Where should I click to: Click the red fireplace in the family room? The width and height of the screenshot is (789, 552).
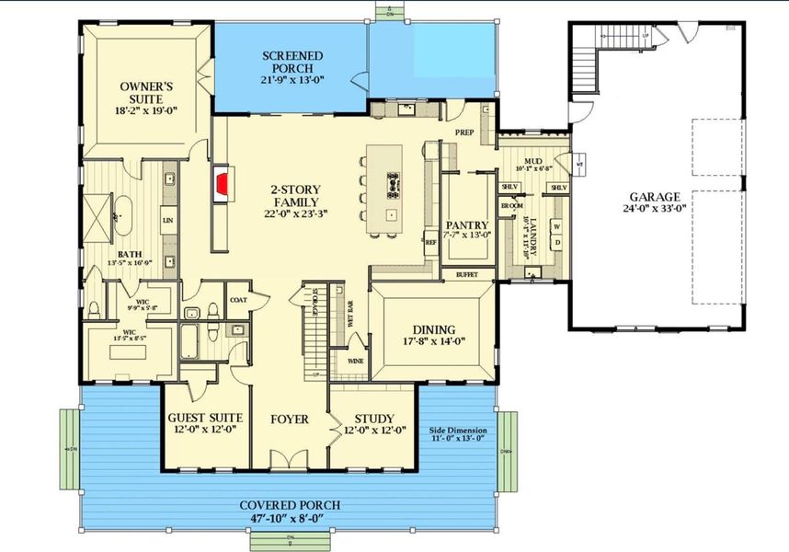pyautogui.click(x=221, y=183)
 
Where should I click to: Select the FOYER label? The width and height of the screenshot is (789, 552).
pyautogui.click(x=290, y=420)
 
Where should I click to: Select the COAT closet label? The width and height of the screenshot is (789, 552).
pyautogui.click(x=238, y=299)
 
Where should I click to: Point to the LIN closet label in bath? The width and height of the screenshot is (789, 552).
pyautogui.click(x=167, y=221)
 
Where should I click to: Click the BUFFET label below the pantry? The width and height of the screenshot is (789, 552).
pyautogui.click(x=467, y=274)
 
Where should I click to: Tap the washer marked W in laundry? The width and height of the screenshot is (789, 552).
pyautogui.click(x=555, y=226)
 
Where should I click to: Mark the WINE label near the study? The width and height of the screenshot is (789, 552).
pyautogui.click(x=354, y=362)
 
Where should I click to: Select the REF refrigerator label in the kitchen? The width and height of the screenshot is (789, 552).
pyautogui.click(x=429, y=242)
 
